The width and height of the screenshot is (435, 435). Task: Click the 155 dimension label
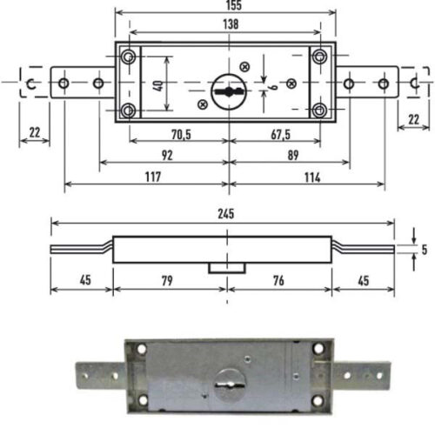coord(234,5)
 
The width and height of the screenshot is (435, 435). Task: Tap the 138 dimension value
coord(231,24)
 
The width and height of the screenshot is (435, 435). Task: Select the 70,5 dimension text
coord(181,135)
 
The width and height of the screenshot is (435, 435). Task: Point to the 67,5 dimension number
coord(280,135)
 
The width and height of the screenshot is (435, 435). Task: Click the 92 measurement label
coord(167,156)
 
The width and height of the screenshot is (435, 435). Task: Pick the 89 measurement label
coord(293,156)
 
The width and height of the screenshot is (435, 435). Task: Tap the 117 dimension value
coord(153,177)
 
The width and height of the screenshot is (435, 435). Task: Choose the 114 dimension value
coord(312,177)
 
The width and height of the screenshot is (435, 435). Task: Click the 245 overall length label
coord(226,214)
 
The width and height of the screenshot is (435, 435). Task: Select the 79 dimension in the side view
coord(167,281)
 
